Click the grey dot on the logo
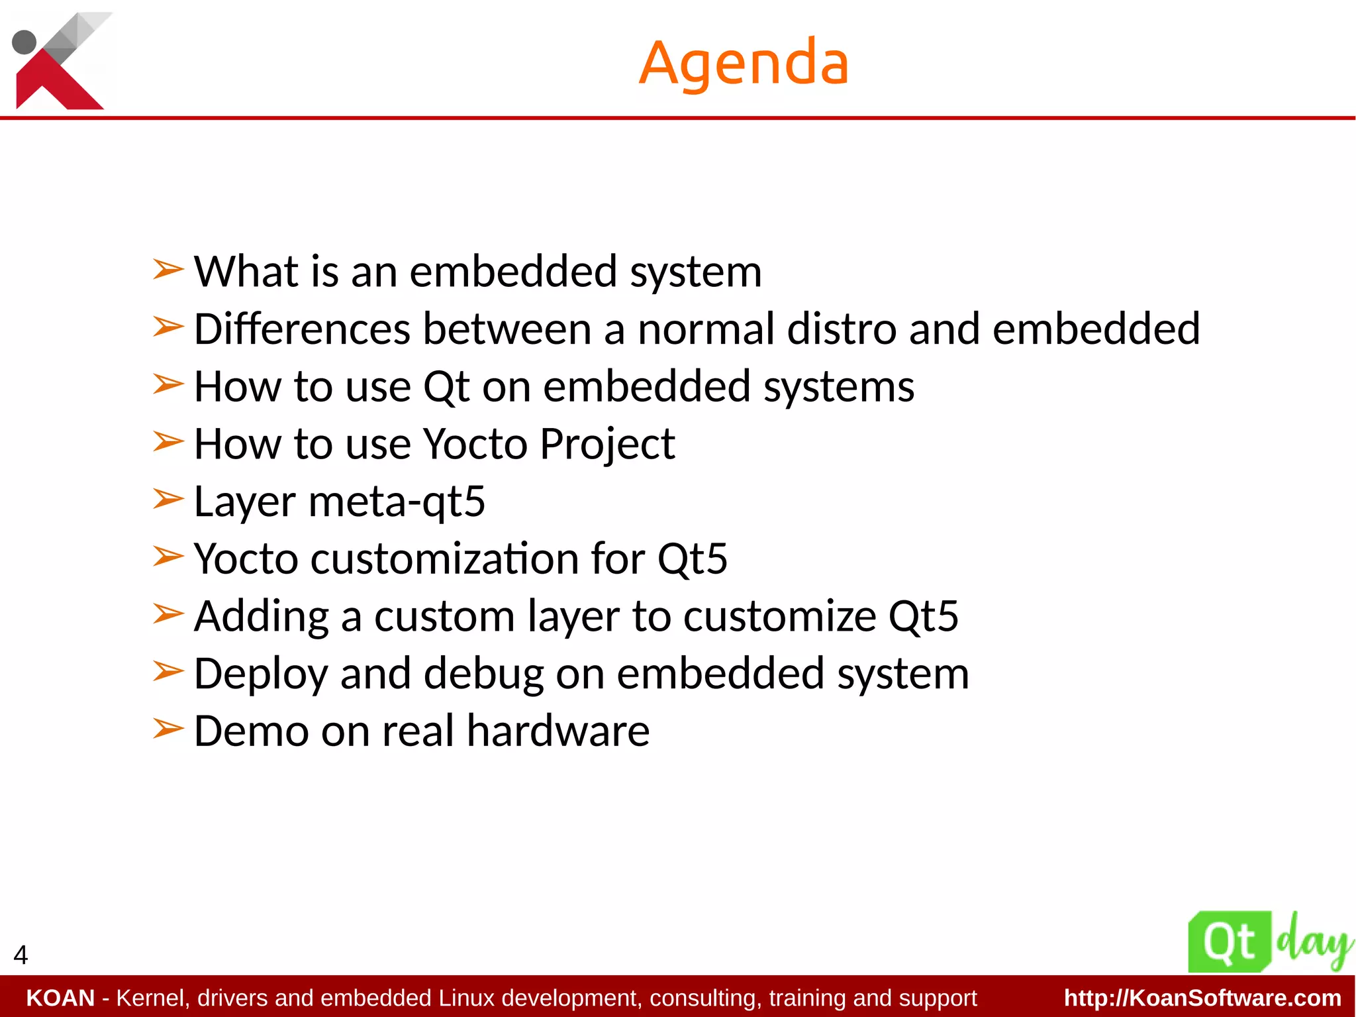(x=24, y=42)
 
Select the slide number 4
(x=21, y=955)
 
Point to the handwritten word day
(x=1314, y=940)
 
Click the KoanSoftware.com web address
(x=1202, y=998)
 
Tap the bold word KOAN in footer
(x=60, y=998)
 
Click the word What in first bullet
(x=246, y=272)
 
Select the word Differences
(x=302, y=329)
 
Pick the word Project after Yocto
(x=607, y=444)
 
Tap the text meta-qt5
(x=397, y=502)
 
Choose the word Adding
(x=261, y=616)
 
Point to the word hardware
(x=558, y=731)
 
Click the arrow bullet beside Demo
(x=168, y=729)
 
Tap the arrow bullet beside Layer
(x=168, y=499)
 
